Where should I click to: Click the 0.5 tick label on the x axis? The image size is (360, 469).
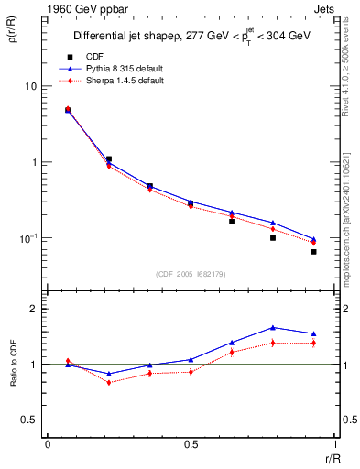coord(191,444)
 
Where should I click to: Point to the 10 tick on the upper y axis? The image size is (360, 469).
coord(29,86)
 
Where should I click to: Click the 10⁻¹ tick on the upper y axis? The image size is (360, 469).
coord(27,237)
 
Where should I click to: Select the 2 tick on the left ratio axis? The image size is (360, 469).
coord(32,309)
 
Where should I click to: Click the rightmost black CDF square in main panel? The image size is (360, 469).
coord(313,251)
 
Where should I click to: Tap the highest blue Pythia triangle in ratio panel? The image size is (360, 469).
coord(273,327)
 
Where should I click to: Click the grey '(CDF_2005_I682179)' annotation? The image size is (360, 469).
coord(191,274)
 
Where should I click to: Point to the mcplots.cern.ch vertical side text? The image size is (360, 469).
coord(351,211)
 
